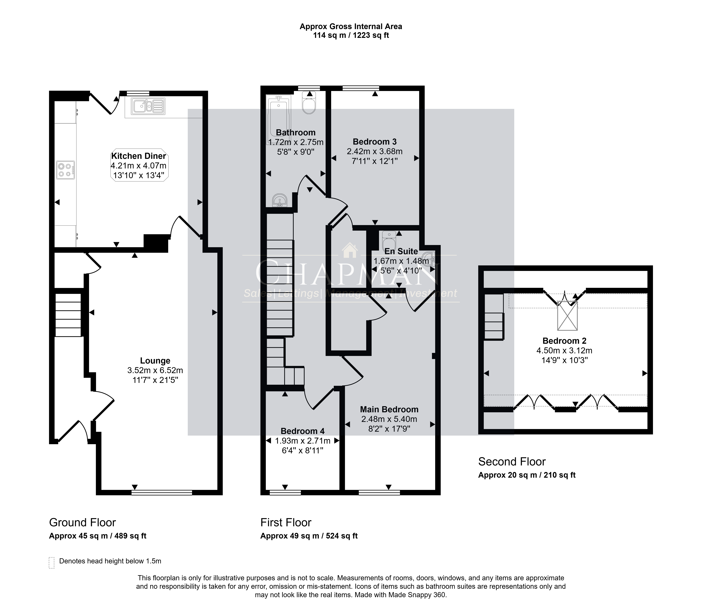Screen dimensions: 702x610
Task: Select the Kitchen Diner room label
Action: [x=139, y=156]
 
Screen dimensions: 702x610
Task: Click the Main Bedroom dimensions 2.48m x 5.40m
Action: [x=389, y=419]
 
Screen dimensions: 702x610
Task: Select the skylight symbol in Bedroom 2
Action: [x=567, y=316]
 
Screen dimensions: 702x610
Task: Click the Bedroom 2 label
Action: [x=565, y=341]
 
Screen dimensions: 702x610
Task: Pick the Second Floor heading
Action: [x=512, y=462]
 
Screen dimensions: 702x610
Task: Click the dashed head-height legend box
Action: [x=52, y=563]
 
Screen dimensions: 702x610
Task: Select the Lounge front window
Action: [x=162, y=492]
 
